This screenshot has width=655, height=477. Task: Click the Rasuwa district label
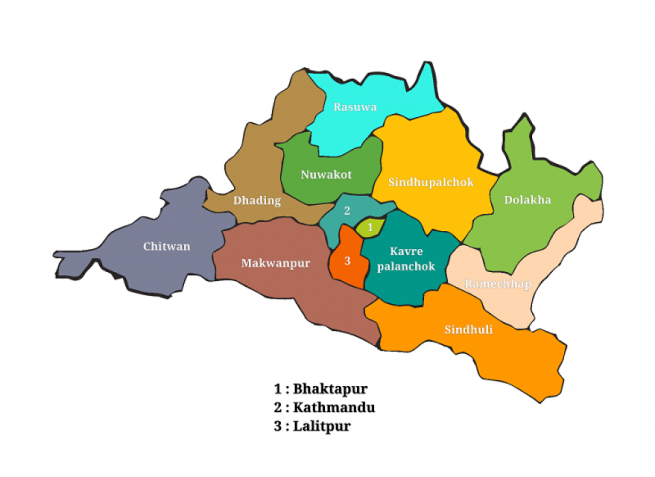(x=355, y=107)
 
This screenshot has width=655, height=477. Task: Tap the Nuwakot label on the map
(x=326, y=175)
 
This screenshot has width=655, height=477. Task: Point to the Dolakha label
(x=527, y=199)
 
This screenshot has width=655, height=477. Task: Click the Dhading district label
(x=257, y=200)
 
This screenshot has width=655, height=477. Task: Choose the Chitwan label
(x=166, y=246)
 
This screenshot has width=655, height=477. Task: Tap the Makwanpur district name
(x=276, y=263)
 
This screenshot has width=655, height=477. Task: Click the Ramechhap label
(x=498, y=284)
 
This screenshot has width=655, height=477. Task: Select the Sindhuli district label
(x=469, y=329)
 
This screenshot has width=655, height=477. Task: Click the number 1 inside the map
(x=370, y=226)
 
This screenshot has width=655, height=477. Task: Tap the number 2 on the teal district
(x=347, y=211)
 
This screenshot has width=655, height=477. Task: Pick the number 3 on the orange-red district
(x=348, y=261)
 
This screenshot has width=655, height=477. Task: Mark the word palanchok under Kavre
(x=406, y=266)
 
